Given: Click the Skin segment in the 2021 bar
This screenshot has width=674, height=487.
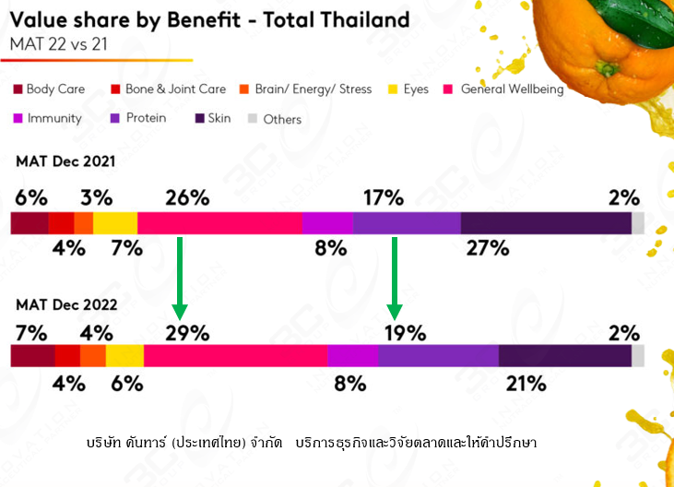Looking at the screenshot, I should (x=546, y=223).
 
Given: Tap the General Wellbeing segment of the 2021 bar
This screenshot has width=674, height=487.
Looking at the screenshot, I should (x=219, y=223).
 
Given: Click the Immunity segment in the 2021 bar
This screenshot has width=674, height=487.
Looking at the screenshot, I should (x=327, y=223).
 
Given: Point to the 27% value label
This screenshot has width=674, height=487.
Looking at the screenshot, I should (x=488, y=247).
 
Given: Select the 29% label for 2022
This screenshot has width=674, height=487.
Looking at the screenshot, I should (x=187, y=333).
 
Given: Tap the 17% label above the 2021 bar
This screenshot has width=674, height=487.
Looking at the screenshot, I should (x=383, y=197).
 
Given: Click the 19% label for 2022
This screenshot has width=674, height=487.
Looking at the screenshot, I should (x=405, y=333).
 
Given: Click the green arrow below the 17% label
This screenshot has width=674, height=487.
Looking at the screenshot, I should (x=395, y=277).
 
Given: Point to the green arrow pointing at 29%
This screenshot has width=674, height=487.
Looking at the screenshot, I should (x=180, y=277).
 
